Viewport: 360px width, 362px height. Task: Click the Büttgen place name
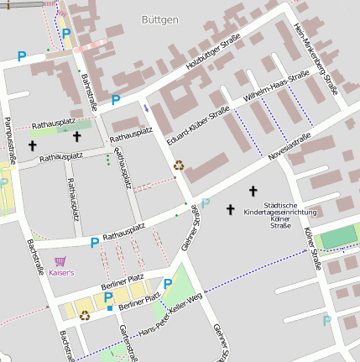pyautogui.click(x=159, y=19)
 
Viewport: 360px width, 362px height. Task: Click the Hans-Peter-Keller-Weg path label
pyautogui.click(x=171, y=317)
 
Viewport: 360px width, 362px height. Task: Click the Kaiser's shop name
pyautogui.click(x=61, y=273)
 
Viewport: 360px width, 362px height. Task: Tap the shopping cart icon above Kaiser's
pyautogui.click(x=60, y=261)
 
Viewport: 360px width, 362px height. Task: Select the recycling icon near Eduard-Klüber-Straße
pyautogui.click(x=178, y=165)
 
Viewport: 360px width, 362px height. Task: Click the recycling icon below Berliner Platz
pyautogui.click(x=84, y=316)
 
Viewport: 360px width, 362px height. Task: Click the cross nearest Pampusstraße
pyautogui.click(x=33, y=145)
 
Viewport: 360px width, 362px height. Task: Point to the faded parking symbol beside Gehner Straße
pyautogui.click(x=206, y=202)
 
